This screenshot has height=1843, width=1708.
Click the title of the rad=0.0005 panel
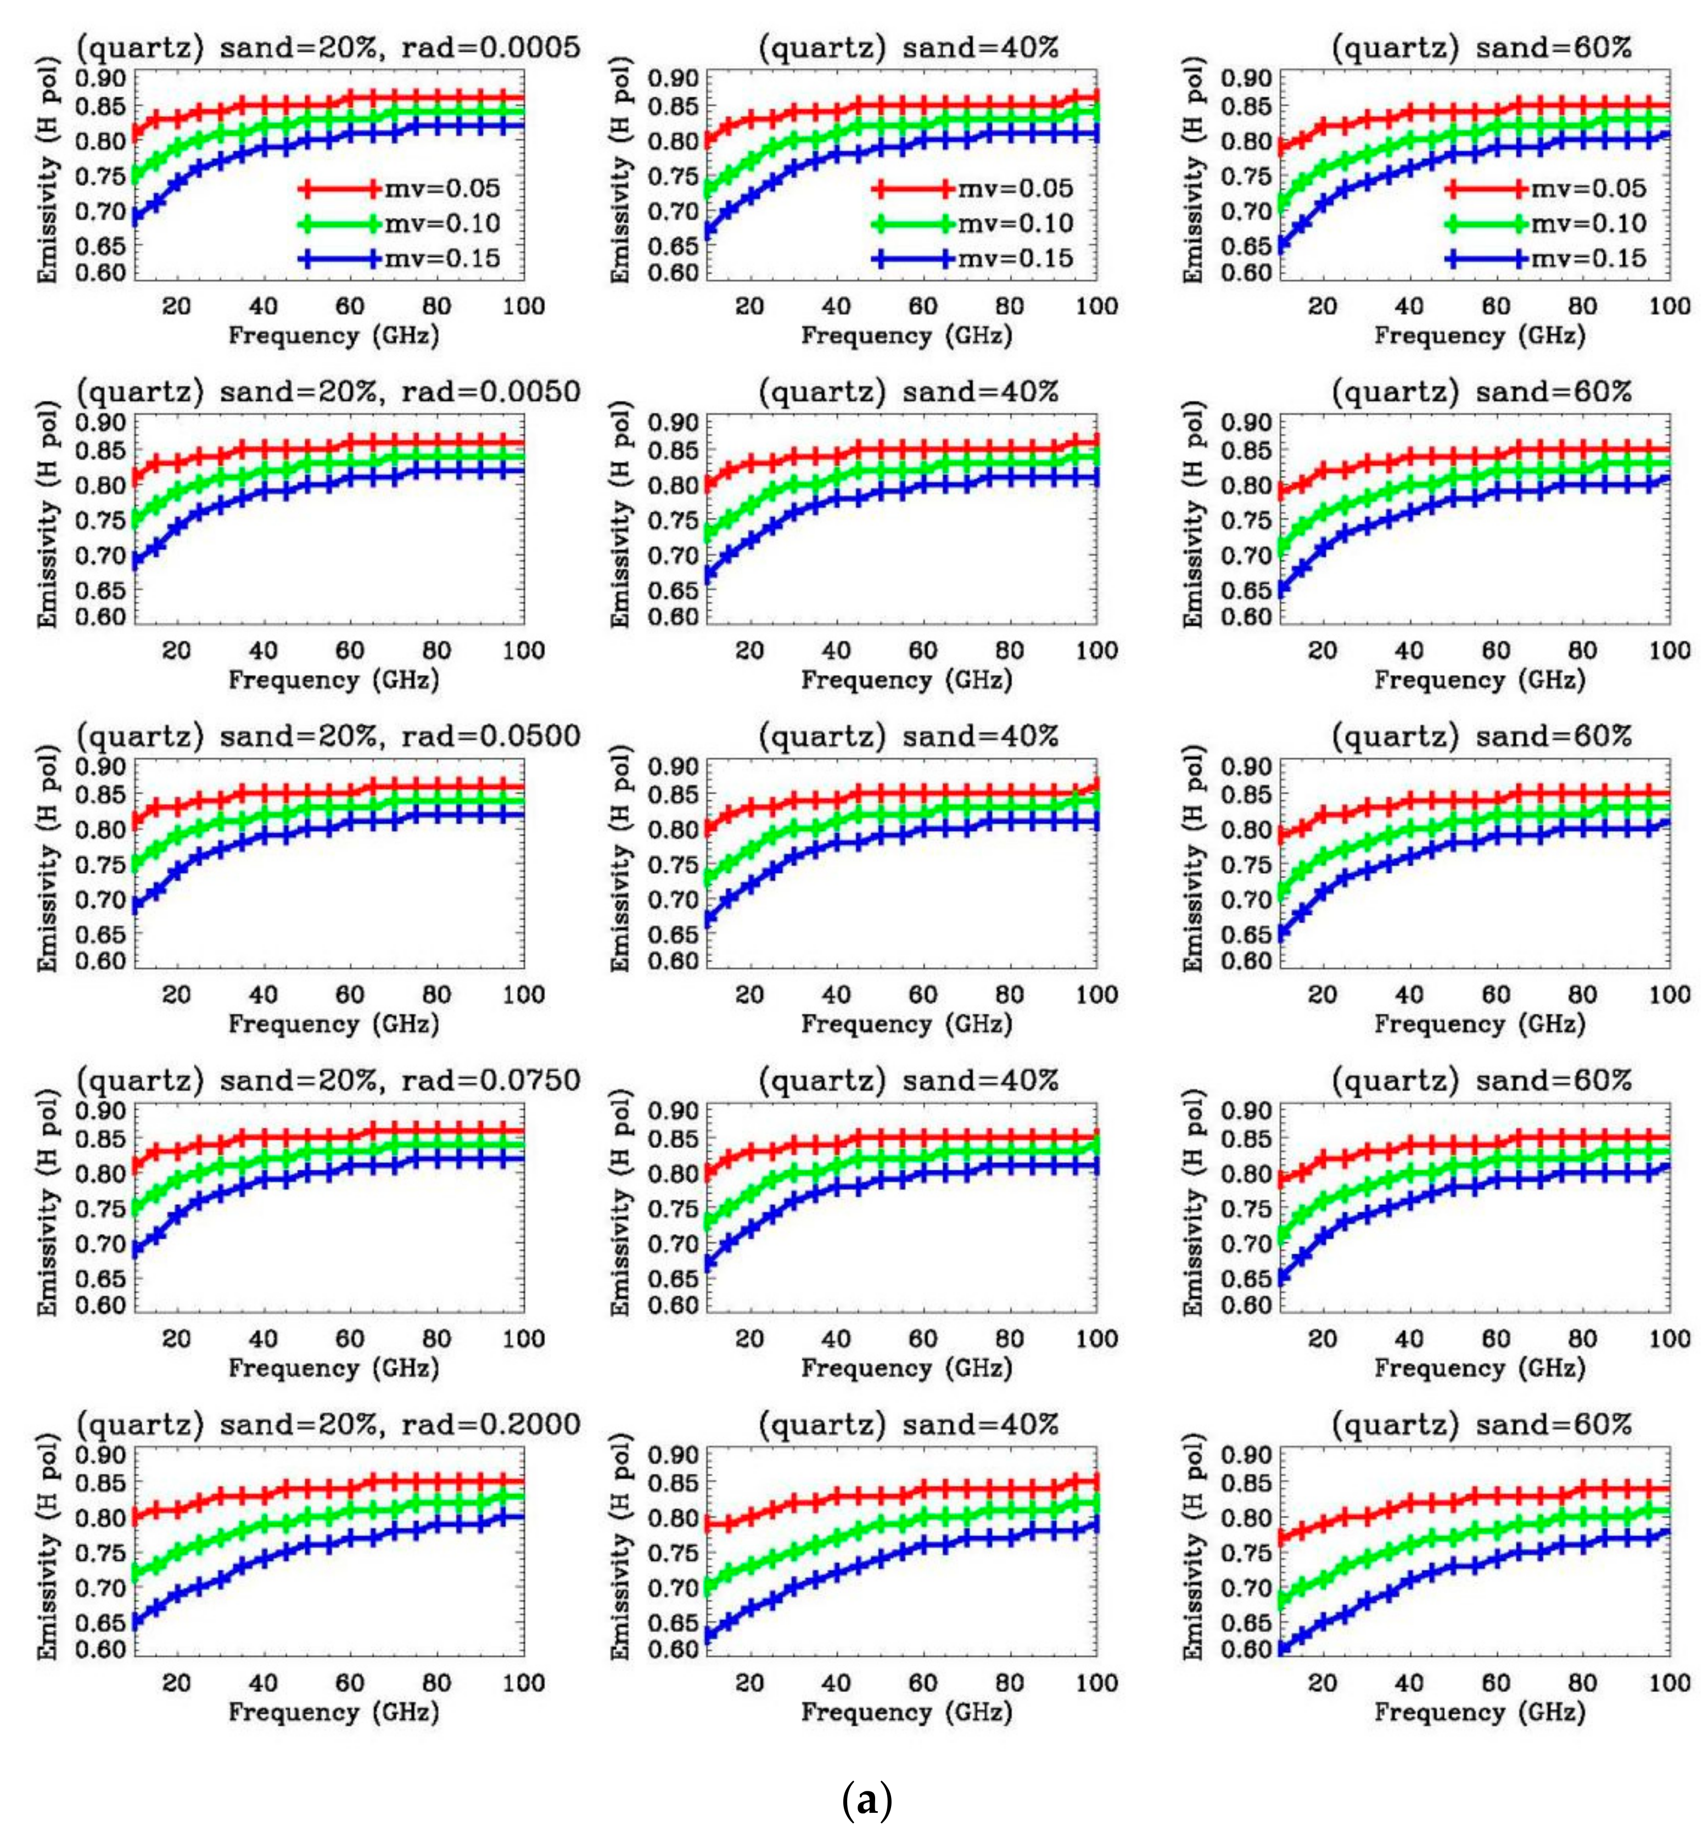328,47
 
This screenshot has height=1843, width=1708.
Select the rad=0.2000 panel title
328,1424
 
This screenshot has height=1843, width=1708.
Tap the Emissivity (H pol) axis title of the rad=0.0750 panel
48,1202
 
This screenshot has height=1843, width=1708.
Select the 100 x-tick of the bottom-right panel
1669,1683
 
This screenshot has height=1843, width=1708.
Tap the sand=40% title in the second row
908,392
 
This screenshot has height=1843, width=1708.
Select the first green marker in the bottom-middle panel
709,1587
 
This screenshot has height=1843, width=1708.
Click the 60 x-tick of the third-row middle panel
922,995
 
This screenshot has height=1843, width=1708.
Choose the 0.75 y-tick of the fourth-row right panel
1245,1209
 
